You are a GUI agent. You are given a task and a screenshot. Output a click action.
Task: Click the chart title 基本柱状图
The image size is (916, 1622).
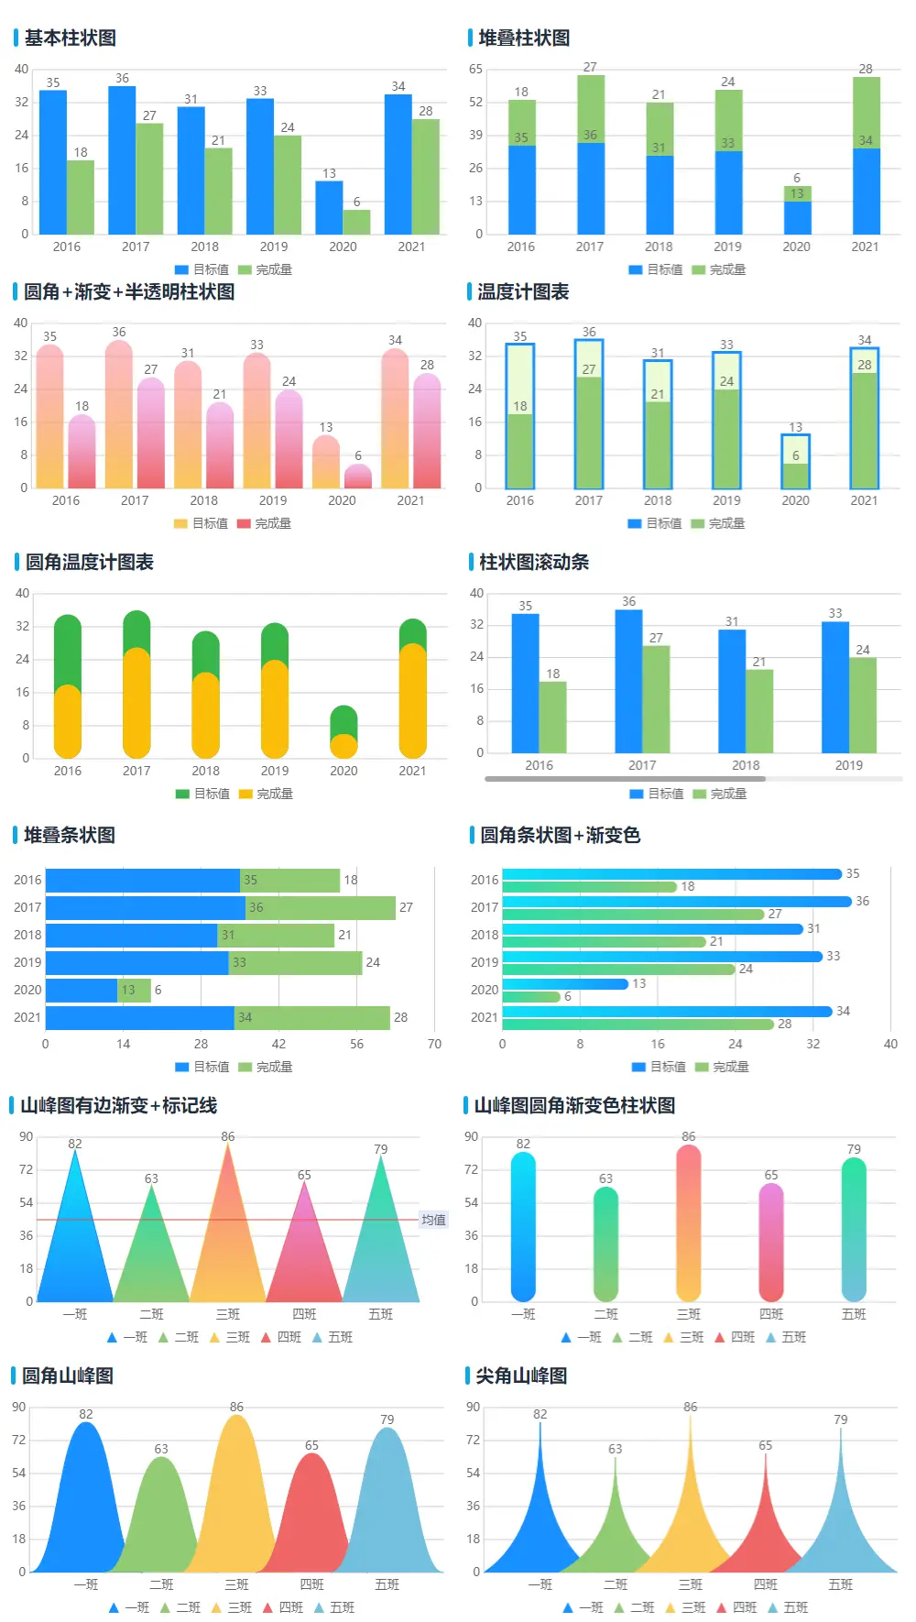point(70,38)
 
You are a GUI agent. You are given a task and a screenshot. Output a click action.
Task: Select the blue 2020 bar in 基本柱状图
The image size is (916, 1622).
point(329,208)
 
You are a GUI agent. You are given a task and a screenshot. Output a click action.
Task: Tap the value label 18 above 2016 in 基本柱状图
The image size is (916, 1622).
point(81,152)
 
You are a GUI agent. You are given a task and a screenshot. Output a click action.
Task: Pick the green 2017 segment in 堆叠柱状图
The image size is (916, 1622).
point(590,108)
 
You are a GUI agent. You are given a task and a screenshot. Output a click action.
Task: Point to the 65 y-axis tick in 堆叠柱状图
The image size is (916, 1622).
point(475,69)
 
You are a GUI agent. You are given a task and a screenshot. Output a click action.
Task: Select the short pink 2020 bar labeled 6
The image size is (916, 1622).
point(358,477)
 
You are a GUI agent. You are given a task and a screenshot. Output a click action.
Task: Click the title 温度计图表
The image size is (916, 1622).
point(523,291)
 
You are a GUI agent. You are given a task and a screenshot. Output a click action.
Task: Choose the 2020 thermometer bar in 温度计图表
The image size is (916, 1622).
point(795,461)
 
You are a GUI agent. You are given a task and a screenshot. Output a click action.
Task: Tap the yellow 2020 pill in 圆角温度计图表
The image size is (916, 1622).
point(343,746)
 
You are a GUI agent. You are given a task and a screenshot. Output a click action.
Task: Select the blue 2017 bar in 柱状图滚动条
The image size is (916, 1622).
point(628,681)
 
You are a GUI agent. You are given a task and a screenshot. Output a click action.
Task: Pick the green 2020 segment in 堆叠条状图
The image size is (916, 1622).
point(135,990)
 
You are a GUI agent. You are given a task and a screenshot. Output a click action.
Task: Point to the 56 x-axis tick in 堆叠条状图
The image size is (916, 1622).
point(356,1044)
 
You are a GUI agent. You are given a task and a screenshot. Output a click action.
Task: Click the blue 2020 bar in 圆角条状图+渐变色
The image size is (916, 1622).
point(565,983)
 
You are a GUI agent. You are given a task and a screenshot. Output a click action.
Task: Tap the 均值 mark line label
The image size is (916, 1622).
point(433,1220)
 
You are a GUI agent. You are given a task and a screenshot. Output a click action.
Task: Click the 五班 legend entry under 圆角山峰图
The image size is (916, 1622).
point(334,1607)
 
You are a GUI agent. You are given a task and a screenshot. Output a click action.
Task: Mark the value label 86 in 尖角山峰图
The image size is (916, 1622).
point(690,1407)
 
